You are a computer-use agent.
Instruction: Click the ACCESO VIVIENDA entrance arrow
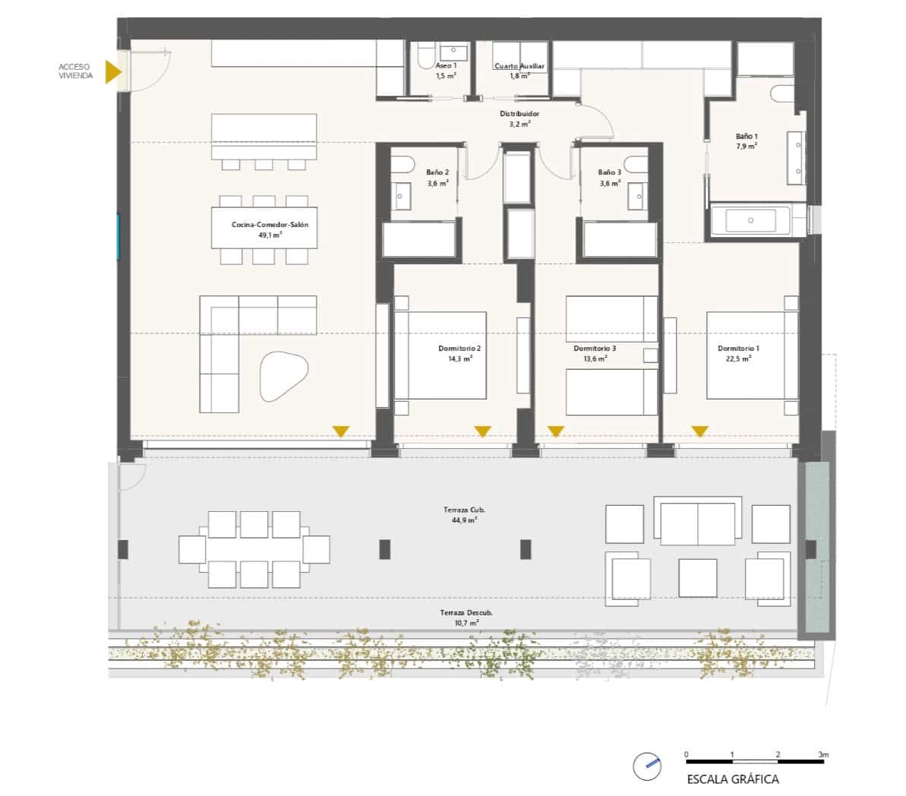(112, 71)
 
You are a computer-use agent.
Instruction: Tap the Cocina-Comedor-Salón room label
(270, 224)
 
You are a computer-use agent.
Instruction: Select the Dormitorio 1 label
(738, 348)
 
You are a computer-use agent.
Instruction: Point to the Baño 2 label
(437, 172)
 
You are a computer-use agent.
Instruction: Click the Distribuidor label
(519, 114)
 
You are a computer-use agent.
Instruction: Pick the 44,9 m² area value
(464, 520)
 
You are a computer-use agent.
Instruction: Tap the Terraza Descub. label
(466, 613)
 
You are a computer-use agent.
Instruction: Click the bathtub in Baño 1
(750, 220)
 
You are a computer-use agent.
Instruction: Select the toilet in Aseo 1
(426, 55)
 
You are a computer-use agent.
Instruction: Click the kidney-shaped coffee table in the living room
(283, 376)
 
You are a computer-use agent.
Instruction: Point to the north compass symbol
(647, 766)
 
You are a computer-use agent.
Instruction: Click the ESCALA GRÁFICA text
(733, 779)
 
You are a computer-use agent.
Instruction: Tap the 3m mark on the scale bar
(823, 754)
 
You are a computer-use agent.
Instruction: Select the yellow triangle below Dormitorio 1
(700, 431)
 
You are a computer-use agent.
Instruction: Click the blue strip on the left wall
(119, 236)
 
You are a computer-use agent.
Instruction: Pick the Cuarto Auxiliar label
(519, 66)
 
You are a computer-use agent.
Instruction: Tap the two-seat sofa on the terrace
(698, 521)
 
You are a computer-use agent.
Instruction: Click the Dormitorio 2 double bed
(440, 355)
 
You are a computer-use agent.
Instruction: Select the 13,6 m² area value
(595, 359)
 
